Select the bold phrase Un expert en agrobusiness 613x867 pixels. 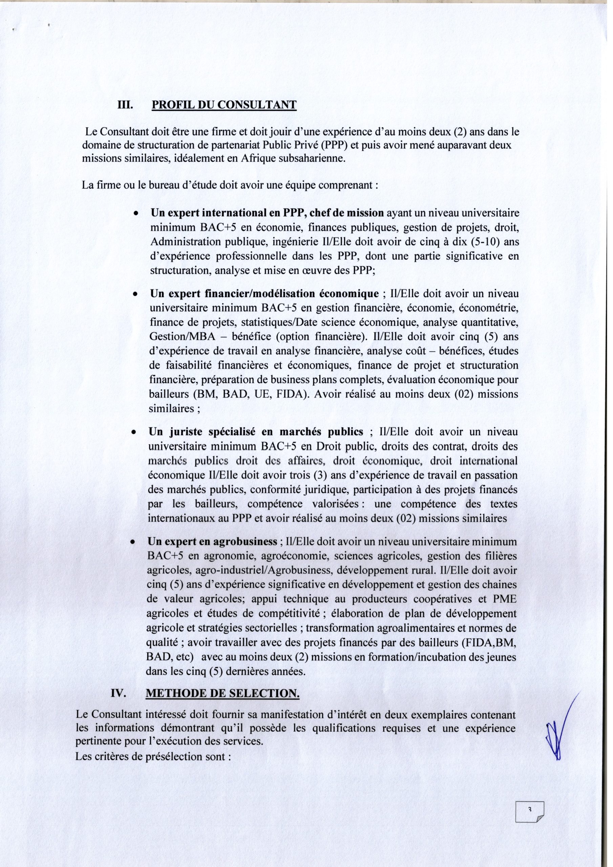[212, 542]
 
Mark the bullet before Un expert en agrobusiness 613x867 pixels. [132, 543]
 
